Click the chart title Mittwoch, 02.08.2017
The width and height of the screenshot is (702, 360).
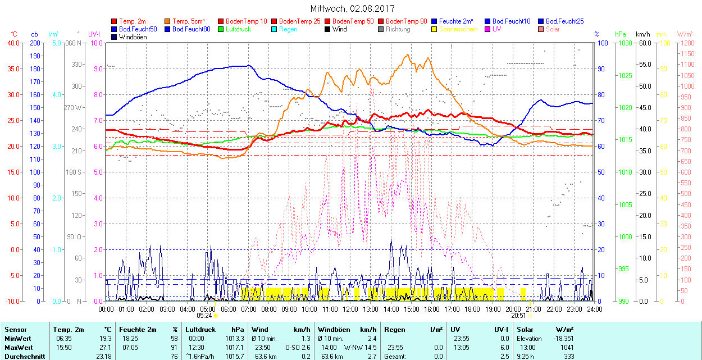[x=352, y=9]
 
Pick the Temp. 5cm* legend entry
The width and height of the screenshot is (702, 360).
[x=188, y=21]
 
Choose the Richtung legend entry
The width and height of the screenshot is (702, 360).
[x=398, y=29]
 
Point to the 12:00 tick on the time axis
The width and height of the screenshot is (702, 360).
[x=350, y=309]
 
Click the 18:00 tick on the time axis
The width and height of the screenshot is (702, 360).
[x=472, y=309]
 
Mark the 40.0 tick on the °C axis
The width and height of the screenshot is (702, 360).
[x=12, y=43]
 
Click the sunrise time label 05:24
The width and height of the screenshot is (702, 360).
[x=204, y=316]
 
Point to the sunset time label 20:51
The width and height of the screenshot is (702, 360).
[x=519, y=316]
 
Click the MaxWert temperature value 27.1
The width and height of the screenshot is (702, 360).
[x=105, y=348]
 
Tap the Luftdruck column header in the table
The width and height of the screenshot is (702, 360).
[x=200, y=330]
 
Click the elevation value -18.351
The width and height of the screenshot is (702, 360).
[x=562, y=339]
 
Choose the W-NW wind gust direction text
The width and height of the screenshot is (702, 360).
[x=353, y=348]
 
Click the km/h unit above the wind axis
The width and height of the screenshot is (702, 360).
[x=643, y=34]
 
